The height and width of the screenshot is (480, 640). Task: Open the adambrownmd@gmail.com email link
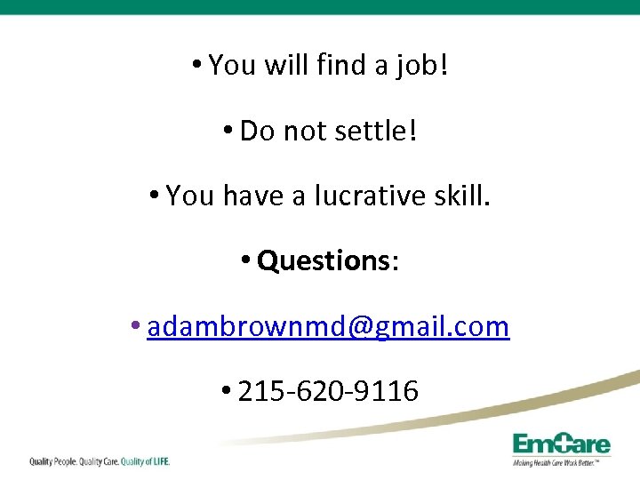[328, 326]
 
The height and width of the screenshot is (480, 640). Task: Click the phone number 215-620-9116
[328, 391]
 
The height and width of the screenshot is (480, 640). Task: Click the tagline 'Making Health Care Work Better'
[561, 462]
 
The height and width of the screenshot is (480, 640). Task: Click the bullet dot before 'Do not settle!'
[228, 131]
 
